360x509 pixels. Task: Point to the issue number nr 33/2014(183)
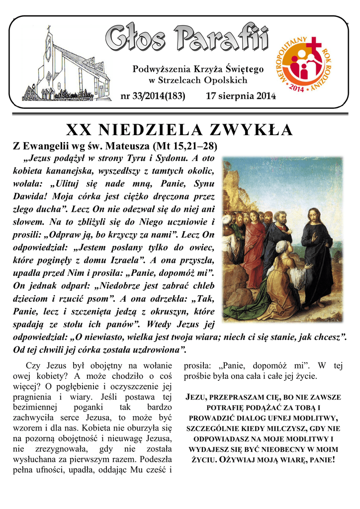[x=153, y=96]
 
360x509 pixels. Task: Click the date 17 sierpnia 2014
[x=241, y=96]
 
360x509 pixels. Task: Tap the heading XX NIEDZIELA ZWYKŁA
[x=180, y=130]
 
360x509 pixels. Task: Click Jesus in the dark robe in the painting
[x=315, y=254]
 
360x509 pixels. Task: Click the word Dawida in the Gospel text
[x=28, y=196]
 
